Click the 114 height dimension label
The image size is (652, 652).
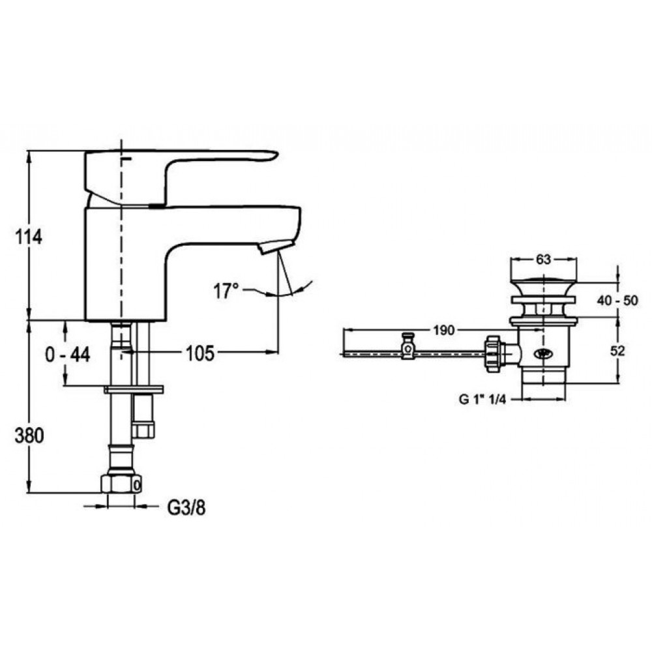[29, 237]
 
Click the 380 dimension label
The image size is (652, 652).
[29, 436]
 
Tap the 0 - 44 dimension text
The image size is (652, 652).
[68, 355]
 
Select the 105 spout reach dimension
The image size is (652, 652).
[200, 353]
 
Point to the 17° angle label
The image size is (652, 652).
[226, 291]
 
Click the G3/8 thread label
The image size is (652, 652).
[186, 508]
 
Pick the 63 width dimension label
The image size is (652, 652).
[543, 259]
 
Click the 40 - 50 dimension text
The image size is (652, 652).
[617, 300]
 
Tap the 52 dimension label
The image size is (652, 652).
[617, 351]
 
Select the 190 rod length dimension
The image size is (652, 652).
[444, 331]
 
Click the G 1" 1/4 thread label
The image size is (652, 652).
[482, 399]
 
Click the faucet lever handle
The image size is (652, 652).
[181, 177]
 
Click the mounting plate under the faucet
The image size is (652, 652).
[134, 389]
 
